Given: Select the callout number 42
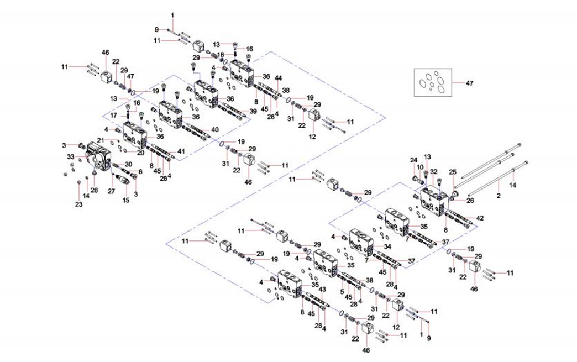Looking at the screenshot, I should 480,218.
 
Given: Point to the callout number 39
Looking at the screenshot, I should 253,111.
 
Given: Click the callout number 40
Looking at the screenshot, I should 215,130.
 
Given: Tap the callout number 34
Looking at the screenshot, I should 387,247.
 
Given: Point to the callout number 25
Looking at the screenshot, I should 453,172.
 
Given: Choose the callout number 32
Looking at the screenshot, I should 434,172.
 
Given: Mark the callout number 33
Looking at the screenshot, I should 71,157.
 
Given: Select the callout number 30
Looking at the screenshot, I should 128,165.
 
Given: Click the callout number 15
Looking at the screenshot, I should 125,200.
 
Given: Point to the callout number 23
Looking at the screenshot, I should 78,204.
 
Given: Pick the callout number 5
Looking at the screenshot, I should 342,292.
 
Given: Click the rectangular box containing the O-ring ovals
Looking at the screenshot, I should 433,83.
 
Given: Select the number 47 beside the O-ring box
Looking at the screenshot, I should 469,83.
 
